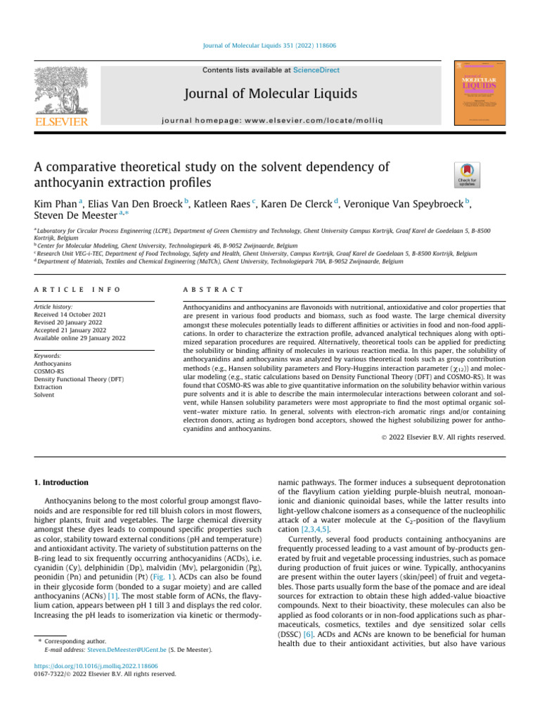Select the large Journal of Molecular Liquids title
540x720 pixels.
(x=269, y=94)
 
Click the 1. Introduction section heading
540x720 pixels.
(x=62, y=482)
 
